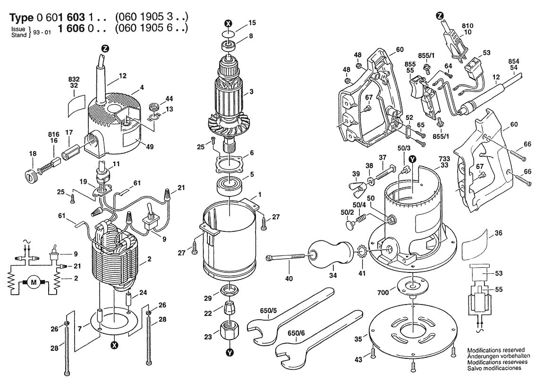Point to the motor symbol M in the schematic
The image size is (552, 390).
coord(33,283)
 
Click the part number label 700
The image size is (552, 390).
coord(382,293)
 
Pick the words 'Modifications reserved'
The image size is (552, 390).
coord(496,350)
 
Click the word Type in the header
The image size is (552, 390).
coord(22,18)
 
